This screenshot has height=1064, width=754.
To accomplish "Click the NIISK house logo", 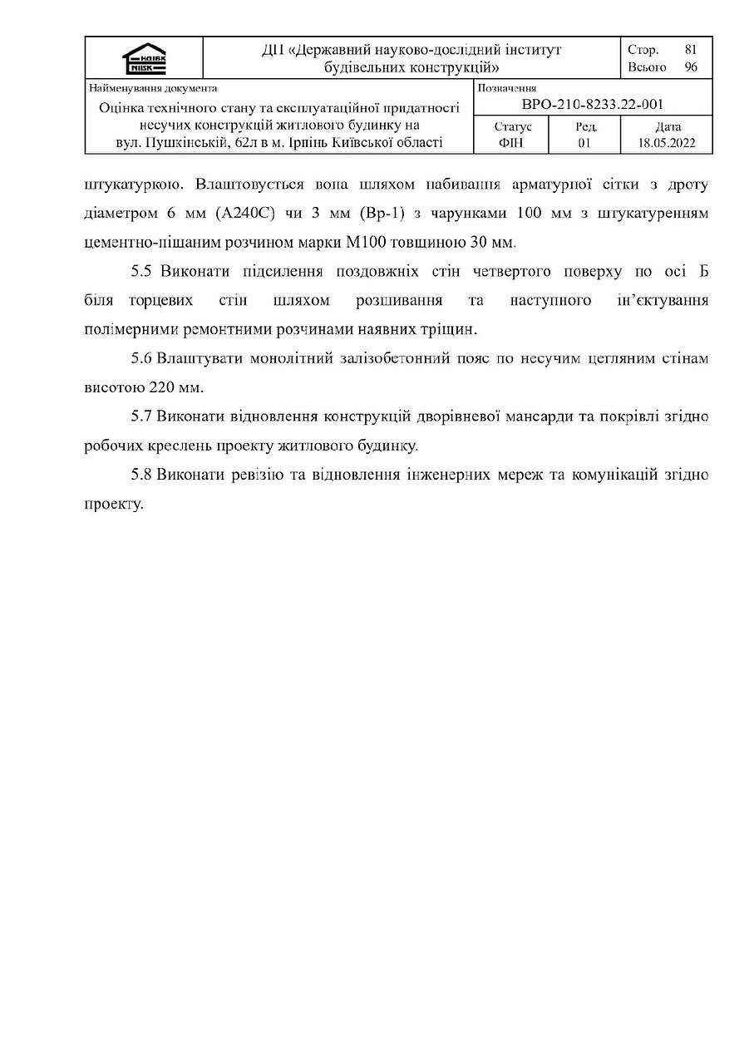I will coord(144,59).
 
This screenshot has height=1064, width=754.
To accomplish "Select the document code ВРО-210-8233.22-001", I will coord(592,104).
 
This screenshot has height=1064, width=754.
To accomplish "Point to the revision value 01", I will coord(584,143).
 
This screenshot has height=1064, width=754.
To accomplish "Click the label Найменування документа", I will coord(153,88).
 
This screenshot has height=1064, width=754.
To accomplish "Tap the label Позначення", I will coord(507,88).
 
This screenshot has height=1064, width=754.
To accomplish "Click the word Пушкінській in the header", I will coord(178,143).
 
